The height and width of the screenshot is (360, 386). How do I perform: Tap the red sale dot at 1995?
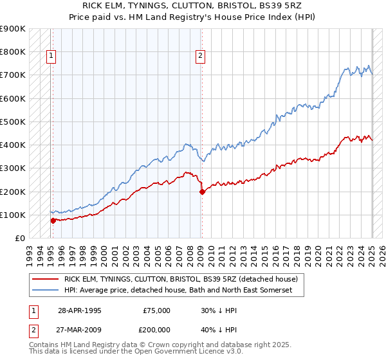pyautogui.click(x=53, y=221)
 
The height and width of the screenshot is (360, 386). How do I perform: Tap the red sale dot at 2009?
pyautogui.click(x=202, y=192)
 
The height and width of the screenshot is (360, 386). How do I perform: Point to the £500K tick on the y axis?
pyautogui.click(x=14, y=122)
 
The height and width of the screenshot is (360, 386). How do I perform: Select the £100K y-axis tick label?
pyautogui.click(x=14, y=215)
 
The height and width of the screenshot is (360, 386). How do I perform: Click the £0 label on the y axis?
pyautogui.click(x=20, y=238)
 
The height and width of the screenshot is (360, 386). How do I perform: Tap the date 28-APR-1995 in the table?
pyautogui.click(x=80, y=310)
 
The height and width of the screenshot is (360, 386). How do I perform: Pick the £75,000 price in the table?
pyautogui.click(x=157, y=310)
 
